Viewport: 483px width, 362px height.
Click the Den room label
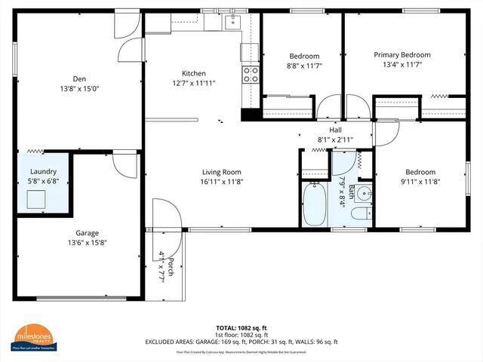coord(79,78)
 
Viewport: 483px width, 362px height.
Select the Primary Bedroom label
coord(402,55)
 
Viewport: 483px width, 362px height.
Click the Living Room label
coord(221,171)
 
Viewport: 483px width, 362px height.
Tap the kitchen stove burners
coord(250,74)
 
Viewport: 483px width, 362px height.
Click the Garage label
coord(88,233)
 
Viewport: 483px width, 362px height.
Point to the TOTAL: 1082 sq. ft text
coord(241,328)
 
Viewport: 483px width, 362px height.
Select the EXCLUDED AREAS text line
coord(241,342)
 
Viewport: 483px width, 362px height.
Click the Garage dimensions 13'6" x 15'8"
coord(88,243)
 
